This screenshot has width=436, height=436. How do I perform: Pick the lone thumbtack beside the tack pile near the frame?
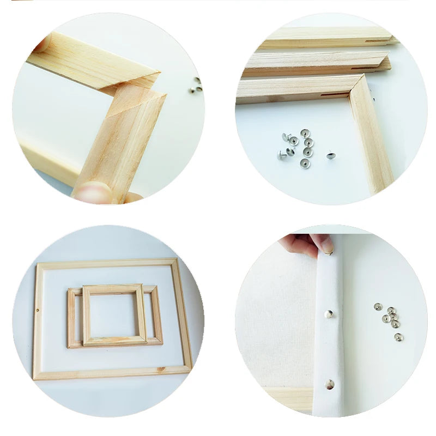[330, 155]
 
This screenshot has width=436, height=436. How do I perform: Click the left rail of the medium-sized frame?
[71, 319]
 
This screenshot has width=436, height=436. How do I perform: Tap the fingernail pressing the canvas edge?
[328, 246]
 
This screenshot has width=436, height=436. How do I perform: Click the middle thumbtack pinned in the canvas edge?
[329, 313]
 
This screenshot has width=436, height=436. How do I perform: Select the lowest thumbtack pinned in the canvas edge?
[329, 384]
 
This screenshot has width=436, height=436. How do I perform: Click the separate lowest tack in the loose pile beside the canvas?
[398, 337]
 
